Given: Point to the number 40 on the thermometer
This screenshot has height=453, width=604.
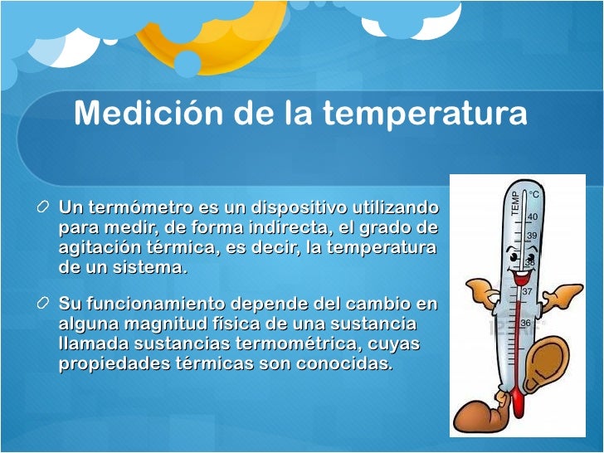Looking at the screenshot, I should [x=532, y=217].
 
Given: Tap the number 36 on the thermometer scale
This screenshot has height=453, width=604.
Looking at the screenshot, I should [x=525, y=323].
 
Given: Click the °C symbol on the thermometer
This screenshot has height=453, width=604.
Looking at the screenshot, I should [x=534, y=195].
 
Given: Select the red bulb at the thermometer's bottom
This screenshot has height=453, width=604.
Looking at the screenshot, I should [x=518, y=403].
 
